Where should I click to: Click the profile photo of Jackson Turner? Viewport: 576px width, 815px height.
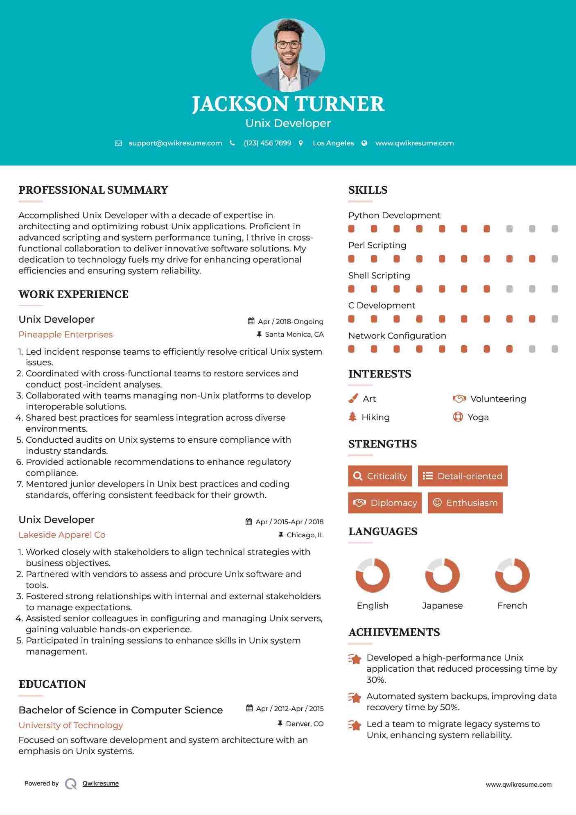288,55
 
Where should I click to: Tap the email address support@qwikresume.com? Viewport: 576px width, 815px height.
175,143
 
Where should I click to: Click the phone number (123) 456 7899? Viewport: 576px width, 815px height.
267,143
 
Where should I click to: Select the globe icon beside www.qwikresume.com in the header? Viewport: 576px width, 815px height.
364,143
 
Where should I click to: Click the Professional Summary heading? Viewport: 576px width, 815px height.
93,190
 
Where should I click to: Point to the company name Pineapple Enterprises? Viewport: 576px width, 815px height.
66,335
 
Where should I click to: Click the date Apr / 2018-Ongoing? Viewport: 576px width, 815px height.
290,321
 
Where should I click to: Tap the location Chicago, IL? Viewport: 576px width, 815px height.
305,535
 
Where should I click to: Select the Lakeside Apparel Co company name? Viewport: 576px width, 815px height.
62,535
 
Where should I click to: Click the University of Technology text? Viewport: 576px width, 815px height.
71,725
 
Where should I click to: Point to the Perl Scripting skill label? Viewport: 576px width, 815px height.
377,245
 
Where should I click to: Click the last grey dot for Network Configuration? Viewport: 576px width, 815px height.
555,349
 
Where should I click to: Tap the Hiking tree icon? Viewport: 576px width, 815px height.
352,417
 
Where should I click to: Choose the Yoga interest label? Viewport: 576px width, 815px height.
478,417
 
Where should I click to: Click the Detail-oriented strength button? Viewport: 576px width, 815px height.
463,476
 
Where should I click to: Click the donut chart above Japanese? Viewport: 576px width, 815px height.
442,575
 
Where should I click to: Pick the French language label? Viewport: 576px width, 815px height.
512,606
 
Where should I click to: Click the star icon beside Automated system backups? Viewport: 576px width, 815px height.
355,697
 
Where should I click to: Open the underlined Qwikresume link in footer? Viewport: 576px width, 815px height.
101,783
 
